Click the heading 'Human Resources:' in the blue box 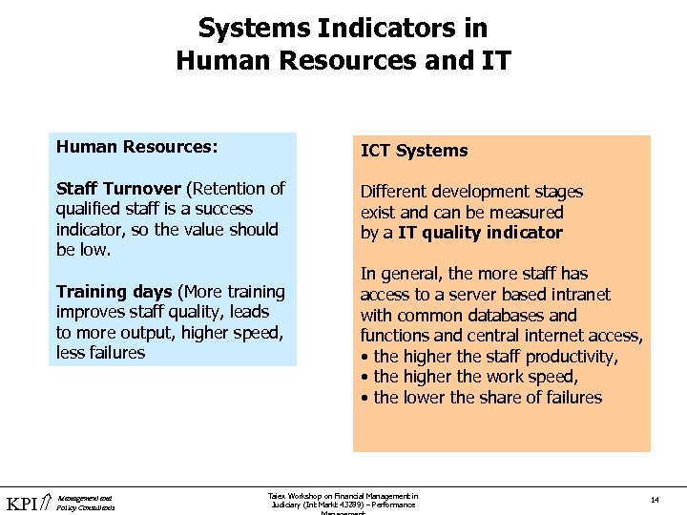coord(136,147)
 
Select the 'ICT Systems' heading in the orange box coord(414,151)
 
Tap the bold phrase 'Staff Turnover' coord(118,188)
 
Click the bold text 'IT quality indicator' coord(480,233)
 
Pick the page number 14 coord(655,500)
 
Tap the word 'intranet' coord(579,295)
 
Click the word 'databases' coord(507,315)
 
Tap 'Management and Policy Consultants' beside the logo coord(86,503)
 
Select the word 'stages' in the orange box coord(556,192)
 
